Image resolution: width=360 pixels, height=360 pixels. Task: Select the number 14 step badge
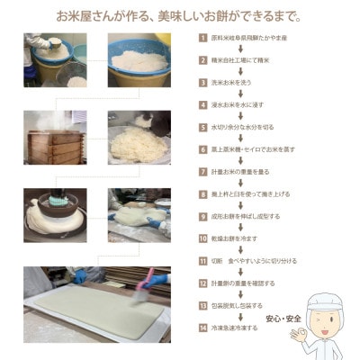coord(202,328)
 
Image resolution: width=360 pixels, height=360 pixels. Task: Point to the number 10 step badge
coord(202,238)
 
